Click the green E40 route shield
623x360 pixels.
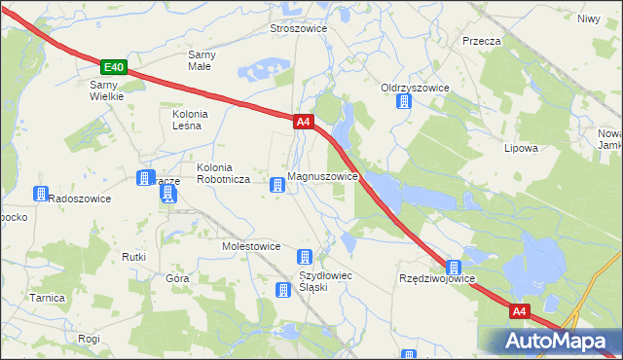(x=114, y=67)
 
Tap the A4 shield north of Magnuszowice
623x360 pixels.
(x=303, y=122)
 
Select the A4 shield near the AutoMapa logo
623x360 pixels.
(x=519, y=312)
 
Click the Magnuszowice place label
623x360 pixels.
(x=325, y=178)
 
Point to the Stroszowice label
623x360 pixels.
(x=298, y=29)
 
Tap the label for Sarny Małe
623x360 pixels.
(x=202, y=60)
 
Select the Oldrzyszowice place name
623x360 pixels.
(x=415, y=88)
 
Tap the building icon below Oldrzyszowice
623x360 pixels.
(x=403, y=101)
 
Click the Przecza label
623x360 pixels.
(x=482, y=42)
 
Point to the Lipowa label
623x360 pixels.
(x=521, y=149)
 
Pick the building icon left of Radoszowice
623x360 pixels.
(x=40, y=194)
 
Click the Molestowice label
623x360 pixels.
(x=251, y=247)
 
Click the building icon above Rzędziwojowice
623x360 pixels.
(x=454, y=266)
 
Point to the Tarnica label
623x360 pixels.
(x=47, y=298)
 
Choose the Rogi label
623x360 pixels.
(x=90, y=339)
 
